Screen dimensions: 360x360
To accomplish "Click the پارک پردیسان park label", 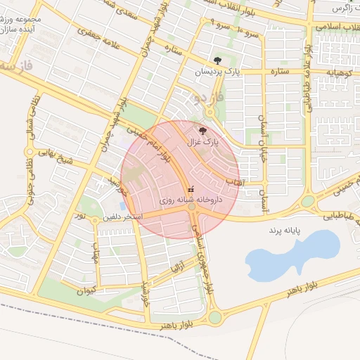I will click(x=217, y=72).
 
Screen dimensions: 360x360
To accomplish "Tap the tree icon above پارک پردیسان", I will click(x=217, y=60).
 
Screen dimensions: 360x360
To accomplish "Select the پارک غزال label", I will click(x=203, y=142).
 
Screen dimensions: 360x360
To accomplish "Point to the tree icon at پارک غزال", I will click(x=204, y=131).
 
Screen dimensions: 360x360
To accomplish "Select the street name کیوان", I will click(x=85, y=290).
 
